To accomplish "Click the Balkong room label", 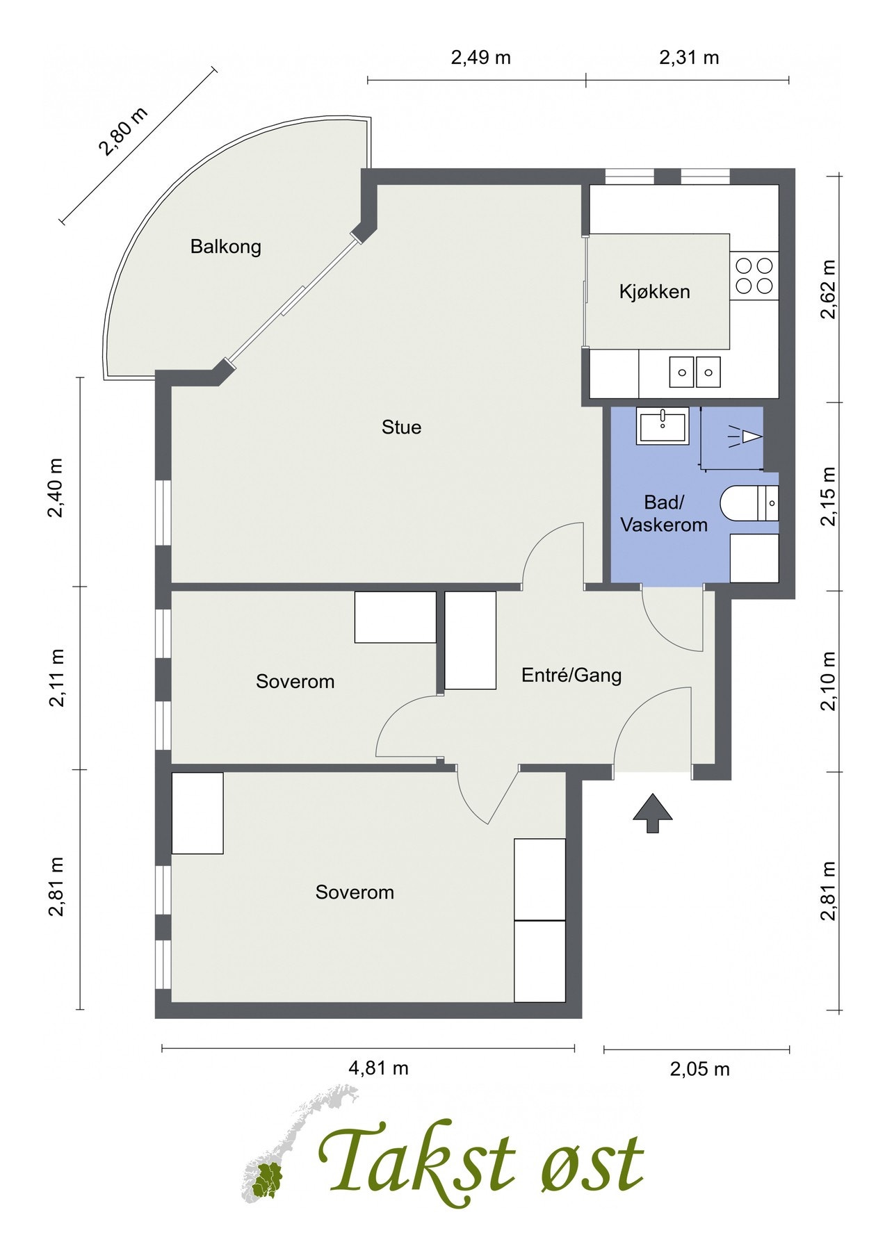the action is tap(226, 247).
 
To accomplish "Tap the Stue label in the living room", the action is tap(401, 427).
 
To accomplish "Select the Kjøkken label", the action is tap(655, 291).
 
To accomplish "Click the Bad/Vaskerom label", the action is tap(664, 514).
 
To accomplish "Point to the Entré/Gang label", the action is tap(571, 675).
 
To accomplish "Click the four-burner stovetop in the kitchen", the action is tap(754, 275).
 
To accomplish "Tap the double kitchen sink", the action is tap(695, 372).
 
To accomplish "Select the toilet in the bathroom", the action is tap(749, 502).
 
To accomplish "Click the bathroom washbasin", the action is tap(663, 426).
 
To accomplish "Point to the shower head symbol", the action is tap(746, 436).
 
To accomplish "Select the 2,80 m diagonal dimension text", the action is tap(123, 132).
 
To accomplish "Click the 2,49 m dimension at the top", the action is tap(481, 58).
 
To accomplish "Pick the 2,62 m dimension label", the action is tap(828, 289).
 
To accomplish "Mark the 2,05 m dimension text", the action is tap(700, 1069).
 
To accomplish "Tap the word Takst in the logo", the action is tap(417, 1162).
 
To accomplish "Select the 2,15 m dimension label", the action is tap(828, 497).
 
